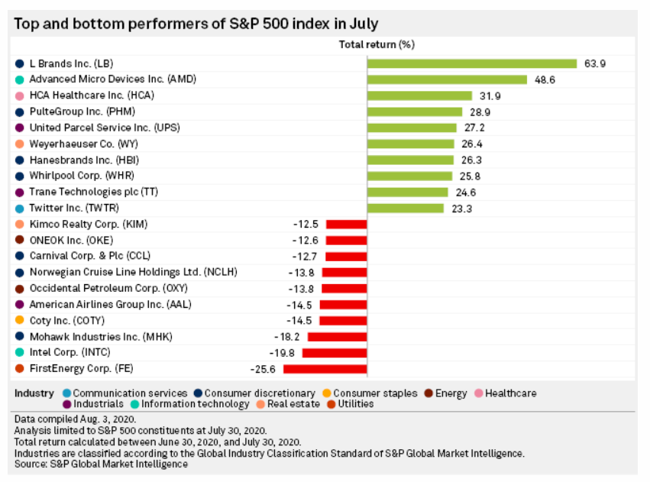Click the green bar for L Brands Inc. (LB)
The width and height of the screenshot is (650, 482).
tap(471, 63)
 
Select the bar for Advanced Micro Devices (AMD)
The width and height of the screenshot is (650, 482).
tap(447, 79)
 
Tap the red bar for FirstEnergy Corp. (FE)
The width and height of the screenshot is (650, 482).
tap(325, 369)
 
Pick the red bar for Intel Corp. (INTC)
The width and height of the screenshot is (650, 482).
tap(335, 353)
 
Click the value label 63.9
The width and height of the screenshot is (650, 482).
tap(595, 63)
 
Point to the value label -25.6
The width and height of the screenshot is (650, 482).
tap(263, 369)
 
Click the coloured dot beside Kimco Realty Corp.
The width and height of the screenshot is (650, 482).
tap(19, 225)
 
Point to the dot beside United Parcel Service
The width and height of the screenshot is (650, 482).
tap(19, 128)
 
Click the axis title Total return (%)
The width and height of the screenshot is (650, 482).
tap(377, 44)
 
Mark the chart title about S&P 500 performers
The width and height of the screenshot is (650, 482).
tap(196, 23)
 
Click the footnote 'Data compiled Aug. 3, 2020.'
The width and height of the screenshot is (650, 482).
tap(74, 419)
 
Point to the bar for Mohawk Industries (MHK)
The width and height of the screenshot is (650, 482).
tap(338, 337)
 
